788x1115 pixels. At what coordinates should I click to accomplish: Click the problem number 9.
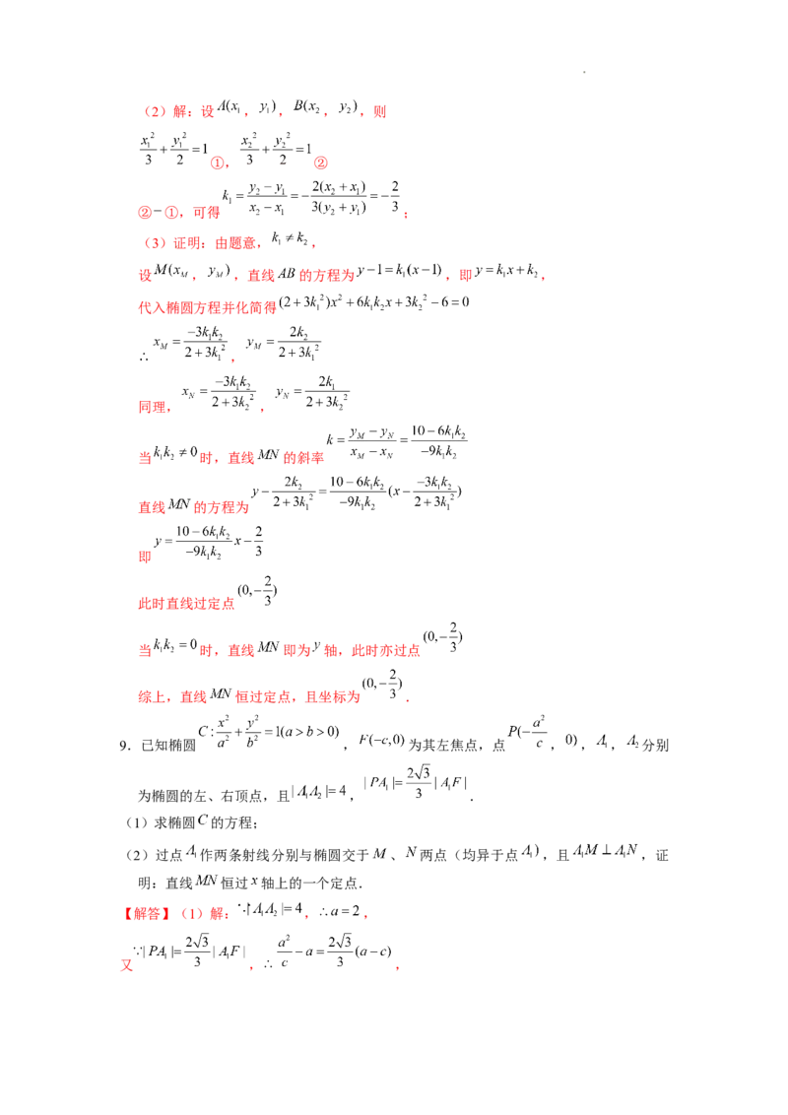(124, 746)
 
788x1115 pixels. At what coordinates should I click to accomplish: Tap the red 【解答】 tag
(147, 913)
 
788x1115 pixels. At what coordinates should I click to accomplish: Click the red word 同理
(153, 407)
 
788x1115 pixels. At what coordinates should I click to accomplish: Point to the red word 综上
(153, 697)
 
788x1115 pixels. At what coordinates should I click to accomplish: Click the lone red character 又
(127, 965)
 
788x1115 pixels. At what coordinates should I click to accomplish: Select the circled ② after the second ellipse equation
(321, 163)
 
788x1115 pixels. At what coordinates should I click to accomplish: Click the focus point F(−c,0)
(381, 741)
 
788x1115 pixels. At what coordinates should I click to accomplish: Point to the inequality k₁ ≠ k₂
(290, 238)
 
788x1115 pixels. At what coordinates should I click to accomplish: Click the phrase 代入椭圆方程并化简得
(207, 307)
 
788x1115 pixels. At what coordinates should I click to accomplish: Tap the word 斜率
(310, 458)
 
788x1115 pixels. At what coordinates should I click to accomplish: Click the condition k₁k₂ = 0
(175, 645)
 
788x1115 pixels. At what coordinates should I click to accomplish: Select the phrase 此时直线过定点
(186, 604)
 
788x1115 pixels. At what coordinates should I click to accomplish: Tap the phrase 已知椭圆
(168, 746)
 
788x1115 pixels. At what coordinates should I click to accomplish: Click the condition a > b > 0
(311, 732)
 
